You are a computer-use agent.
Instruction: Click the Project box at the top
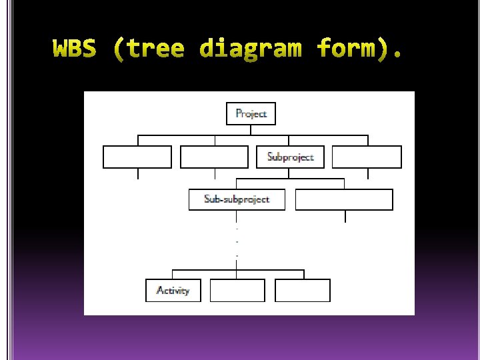coord(251,113)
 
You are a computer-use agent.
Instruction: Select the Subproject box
coord(290,157)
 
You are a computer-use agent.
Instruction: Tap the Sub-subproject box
coord(237,199)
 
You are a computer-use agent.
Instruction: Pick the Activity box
coord(173,291)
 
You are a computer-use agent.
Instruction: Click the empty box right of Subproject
coord(367,157)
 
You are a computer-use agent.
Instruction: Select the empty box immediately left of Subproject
coord(214,157)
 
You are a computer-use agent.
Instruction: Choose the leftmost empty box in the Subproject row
coord(137,157)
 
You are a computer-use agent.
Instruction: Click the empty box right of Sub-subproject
coord(344,199)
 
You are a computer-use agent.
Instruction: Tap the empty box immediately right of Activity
coord(237,291)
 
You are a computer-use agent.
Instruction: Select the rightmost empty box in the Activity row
coord(303,291)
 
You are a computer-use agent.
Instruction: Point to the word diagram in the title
coord(250,49)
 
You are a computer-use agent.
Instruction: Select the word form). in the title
coord(359,49)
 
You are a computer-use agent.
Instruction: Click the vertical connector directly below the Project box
coord(251,130)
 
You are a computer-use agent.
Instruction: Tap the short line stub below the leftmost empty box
coord(138,174)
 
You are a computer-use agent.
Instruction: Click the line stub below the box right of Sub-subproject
coord(345,216)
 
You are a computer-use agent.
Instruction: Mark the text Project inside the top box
coord(251,113)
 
